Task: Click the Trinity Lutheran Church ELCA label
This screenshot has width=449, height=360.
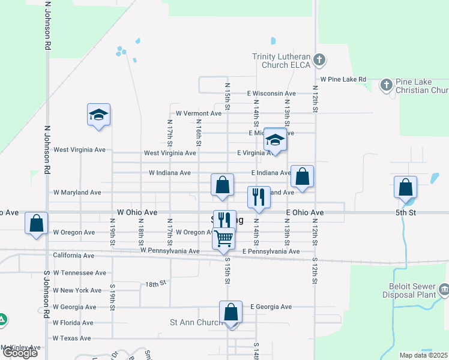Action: (x=281, y=61)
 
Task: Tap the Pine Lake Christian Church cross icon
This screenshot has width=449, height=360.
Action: (x=386, y=85)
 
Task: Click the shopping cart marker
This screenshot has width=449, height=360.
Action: (x=224, y=238)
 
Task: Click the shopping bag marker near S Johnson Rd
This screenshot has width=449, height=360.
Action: (x=37, y=223)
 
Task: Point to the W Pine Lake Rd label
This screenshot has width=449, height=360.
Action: (x=343, y=79)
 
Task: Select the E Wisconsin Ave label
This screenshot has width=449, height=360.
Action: (x=271, y=94)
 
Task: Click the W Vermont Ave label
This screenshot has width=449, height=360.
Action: (x=199, y=113)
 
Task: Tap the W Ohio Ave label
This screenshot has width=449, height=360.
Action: (x=137, y=212)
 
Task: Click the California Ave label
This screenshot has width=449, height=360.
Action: (x=74, y=256)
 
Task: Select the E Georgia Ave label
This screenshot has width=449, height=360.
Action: (x=271, y=307)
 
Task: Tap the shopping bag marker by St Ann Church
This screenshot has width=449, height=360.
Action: (x=231, y=312)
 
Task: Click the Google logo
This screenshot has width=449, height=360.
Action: (x=20, y=353)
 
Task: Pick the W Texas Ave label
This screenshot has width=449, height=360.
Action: (x=73, y=338)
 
